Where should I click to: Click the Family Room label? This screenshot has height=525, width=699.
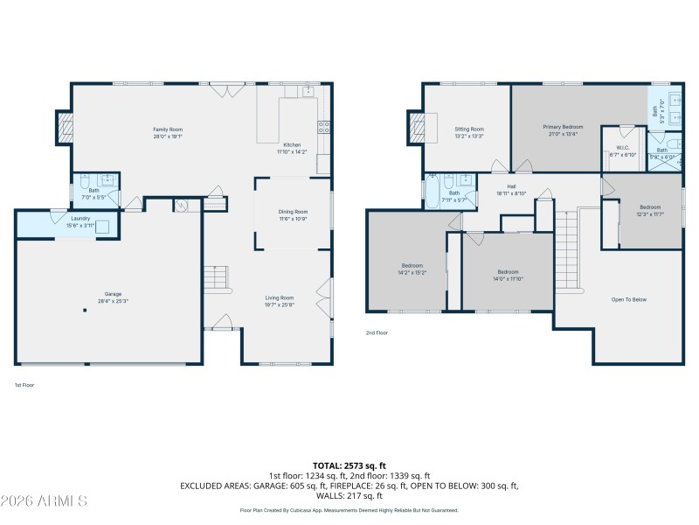click(168, 129)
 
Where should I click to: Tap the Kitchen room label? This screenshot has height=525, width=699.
click(292, 145)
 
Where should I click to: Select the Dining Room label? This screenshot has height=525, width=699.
click(293, 212)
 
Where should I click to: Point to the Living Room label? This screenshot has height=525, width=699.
click(280, 298)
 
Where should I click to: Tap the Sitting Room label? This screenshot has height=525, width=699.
click(469, 129)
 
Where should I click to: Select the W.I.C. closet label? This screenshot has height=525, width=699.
click(624, 149)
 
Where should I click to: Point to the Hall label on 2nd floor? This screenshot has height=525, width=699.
click(511, 186)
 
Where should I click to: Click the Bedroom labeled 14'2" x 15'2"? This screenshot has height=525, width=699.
click(412, 265)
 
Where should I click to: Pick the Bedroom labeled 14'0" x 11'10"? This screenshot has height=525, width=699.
click(509, 271)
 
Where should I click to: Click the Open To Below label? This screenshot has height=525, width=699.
click(628, 300)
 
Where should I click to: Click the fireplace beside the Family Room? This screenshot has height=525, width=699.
click(65, 129)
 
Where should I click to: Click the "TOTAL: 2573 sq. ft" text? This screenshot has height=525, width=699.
click(349, 465)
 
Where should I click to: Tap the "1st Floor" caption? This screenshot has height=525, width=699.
click(24, 385)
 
